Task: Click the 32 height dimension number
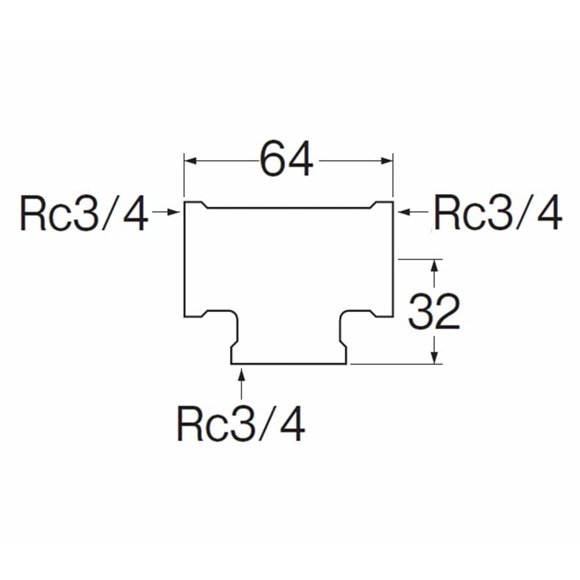pos(434,311)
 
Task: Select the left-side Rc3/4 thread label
pos(84,213)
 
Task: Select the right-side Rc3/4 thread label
pos(498,213)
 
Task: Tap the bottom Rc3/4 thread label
pos(241,423)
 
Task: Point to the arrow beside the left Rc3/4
pos(166,212)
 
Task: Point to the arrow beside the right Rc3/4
pos(413,212)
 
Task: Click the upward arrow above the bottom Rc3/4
pos(241,383)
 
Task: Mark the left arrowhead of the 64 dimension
pos(190,161)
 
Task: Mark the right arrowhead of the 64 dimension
pos(386,161)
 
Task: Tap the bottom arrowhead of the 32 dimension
pos(434,358)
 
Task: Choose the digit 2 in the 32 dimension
pos(448,311)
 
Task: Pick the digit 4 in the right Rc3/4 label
pos(550,213)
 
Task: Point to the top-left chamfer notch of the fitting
pos(204,205)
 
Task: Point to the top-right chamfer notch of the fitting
pos(372,205)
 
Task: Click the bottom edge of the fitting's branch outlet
pos(288,364)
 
